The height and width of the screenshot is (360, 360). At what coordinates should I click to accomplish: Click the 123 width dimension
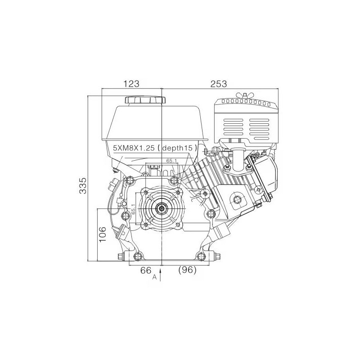click(131, 84)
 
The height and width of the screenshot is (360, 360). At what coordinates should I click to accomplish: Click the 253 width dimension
click(219, 84)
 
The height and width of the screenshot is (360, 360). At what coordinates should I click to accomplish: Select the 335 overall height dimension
click(83, 185)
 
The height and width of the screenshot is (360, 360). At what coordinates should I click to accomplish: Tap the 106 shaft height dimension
click(103, 234)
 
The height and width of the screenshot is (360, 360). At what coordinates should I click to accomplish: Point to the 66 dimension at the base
click(146, 270)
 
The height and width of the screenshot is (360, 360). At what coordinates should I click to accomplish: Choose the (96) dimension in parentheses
click(187, 270)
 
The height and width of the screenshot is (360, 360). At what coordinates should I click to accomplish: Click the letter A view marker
click(154, 277)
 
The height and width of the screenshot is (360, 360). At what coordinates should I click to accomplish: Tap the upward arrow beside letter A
click(160, 274)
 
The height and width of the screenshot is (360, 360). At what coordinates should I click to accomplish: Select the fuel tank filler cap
click(145, 100)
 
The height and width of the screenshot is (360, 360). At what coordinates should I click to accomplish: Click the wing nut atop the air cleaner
click(245, 95)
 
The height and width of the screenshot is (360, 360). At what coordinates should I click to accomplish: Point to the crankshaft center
click(162, 208)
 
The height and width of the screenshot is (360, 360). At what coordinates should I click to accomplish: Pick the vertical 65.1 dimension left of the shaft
click(133, 208)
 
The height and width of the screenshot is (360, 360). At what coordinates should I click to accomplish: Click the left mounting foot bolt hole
click(138, 256)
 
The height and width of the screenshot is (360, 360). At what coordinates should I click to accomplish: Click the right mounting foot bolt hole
click(201, 256)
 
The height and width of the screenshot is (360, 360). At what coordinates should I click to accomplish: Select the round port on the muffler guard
click(237, 200)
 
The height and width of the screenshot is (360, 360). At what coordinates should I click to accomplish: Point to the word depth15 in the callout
click(177, 148)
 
